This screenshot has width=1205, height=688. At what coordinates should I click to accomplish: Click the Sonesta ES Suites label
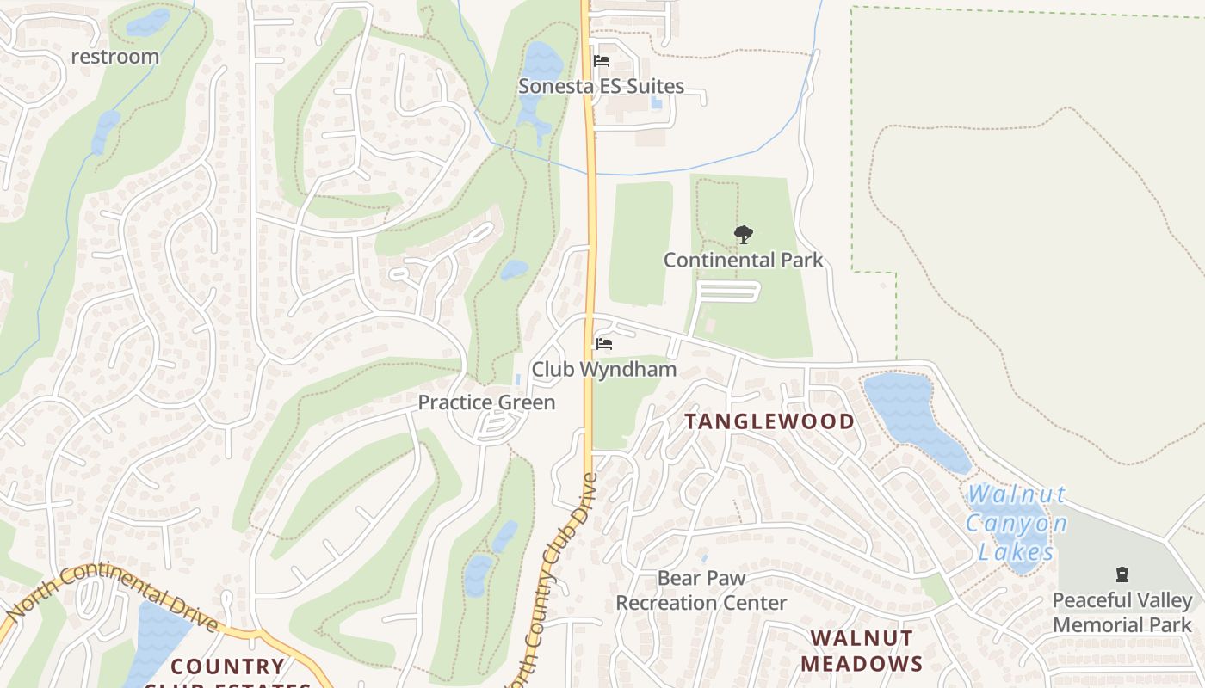601,86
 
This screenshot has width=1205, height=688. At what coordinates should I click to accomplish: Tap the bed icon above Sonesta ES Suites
602,61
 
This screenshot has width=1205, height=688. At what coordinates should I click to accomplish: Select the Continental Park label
743,260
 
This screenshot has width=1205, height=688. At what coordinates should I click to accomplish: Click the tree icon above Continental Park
743,234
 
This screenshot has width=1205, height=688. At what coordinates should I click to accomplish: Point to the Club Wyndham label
603,370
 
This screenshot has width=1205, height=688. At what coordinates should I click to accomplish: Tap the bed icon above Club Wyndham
604,344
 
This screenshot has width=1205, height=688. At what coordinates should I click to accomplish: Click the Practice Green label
486,402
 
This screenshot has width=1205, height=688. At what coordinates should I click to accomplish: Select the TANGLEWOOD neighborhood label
769,421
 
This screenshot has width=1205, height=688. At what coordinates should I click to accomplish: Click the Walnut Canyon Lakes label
1016,523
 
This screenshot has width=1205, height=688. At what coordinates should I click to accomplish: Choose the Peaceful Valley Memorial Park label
1122,612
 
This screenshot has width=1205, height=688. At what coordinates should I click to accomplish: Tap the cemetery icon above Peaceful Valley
1122,574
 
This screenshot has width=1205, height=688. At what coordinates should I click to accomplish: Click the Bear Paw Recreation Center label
701,591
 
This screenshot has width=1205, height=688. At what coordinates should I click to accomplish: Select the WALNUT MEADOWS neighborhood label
862,651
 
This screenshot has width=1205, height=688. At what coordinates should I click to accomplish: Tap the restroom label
114,57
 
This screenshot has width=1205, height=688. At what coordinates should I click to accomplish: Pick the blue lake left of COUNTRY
155,641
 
